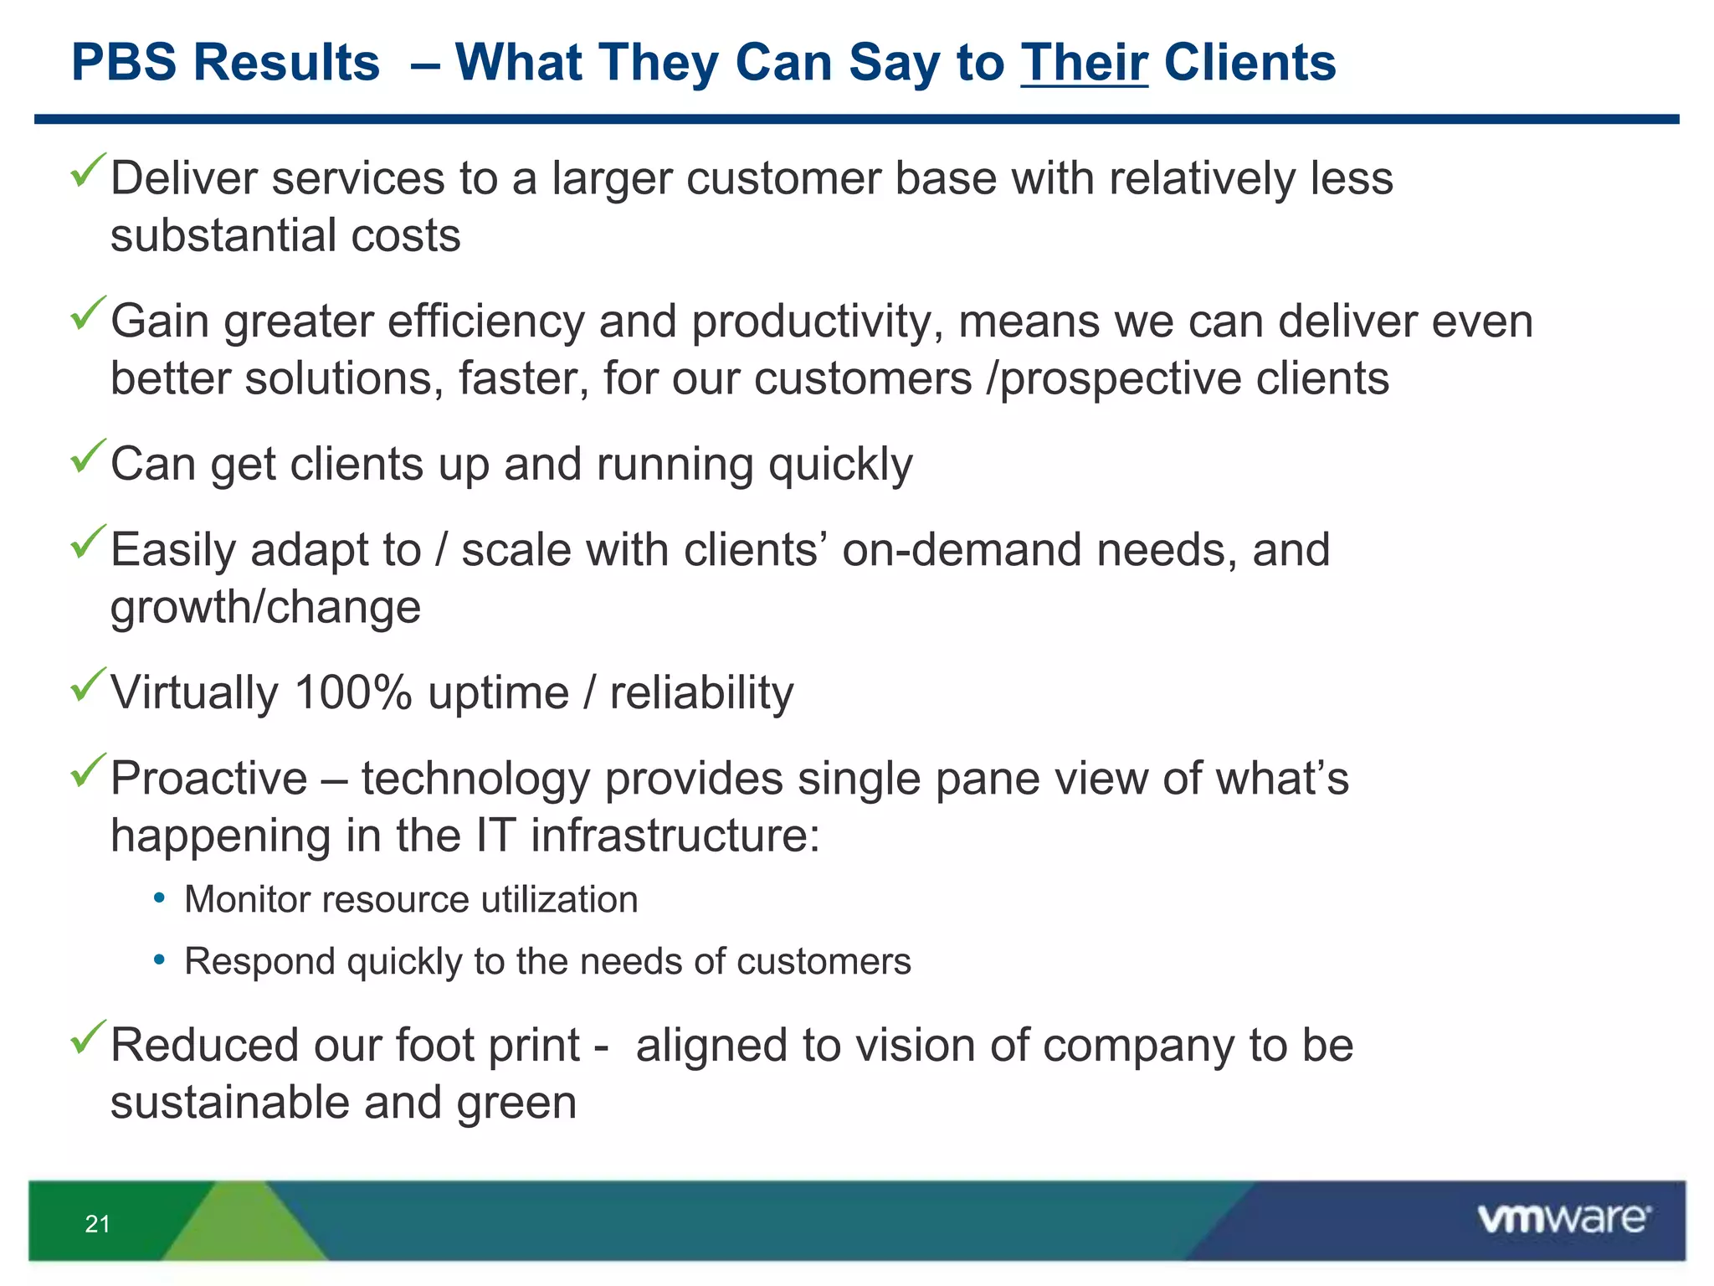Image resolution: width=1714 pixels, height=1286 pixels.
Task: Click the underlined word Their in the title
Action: (x=1084, y=63)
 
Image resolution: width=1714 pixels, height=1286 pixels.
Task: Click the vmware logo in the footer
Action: (x=1563, y=1219)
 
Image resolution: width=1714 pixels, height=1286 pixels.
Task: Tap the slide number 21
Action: (x=97, y=1224)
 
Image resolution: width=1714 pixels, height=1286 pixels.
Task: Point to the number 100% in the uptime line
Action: (x=353, y=693)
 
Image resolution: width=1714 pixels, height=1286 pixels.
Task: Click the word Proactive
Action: (x=209, y=779)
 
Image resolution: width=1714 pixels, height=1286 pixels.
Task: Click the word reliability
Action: (x=701, y=693)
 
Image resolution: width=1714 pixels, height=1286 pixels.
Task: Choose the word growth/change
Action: (x=265, y=607)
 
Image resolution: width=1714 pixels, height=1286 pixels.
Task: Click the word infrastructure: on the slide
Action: (x=675, y=836)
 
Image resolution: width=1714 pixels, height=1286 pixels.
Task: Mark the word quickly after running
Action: (x=840, y=465)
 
